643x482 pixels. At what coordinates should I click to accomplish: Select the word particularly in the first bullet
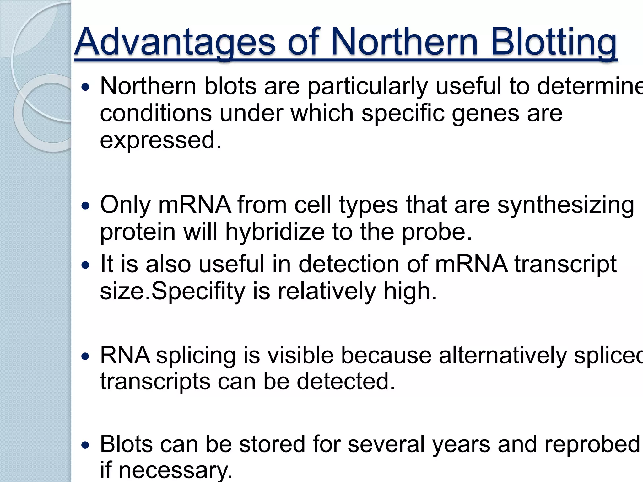367,86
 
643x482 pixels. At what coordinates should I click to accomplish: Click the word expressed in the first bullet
160,140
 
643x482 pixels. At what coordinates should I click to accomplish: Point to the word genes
485,113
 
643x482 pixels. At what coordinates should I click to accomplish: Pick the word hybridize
275,232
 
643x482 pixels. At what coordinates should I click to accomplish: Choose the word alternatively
503,356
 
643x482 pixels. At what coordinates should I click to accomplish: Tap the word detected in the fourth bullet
345,382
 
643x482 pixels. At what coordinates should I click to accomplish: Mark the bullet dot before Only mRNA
85,206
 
